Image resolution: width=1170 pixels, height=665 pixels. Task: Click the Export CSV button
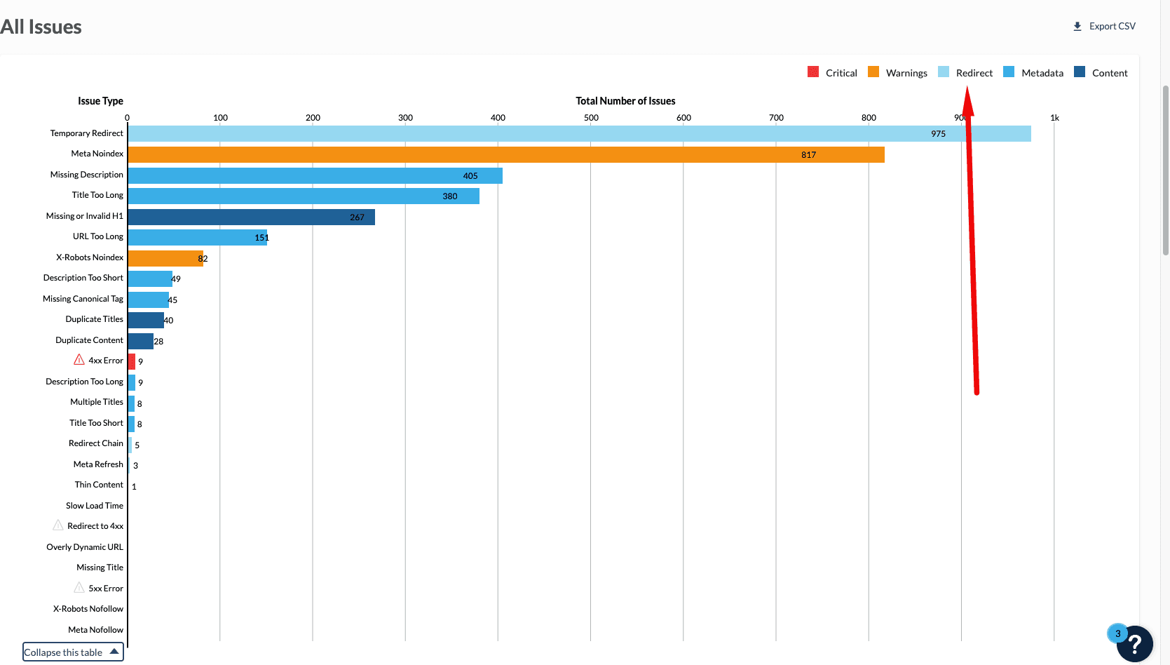point(1104,27)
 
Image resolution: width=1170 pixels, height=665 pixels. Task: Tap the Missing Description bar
point(315,175)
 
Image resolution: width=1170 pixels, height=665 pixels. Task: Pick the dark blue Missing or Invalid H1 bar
point(251,217)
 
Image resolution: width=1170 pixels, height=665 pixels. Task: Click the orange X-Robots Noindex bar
point(165,258)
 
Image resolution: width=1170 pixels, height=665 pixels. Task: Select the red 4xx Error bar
point(132,361)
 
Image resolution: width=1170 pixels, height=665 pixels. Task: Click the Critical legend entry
point(833,73)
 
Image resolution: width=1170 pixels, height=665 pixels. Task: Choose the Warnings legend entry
point(898,73)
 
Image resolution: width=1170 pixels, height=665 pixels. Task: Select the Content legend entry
point(1101,73)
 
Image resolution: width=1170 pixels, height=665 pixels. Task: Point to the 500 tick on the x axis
point(591,118)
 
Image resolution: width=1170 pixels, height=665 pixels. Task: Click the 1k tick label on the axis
point(1054,118)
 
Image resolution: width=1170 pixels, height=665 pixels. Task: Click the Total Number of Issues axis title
point(625,101)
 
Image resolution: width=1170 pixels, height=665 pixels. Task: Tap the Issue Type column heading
point(100,101)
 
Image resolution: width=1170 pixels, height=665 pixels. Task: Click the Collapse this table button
point(73,652)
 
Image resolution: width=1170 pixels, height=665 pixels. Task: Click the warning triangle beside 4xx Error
point(79,360)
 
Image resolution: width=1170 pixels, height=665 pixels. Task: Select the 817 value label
point(808,155)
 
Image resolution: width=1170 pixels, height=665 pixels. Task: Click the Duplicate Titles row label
point(94,319)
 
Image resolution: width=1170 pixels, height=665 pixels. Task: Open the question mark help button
point(1136,644)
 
